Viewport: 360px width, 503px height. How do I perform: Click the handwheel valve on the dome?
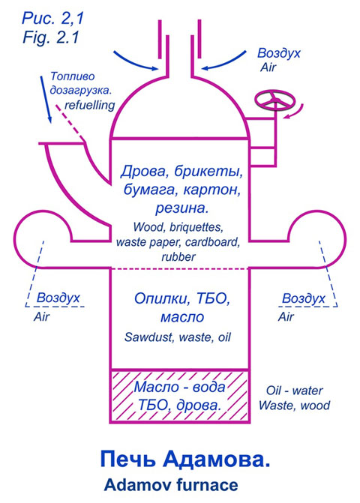(275, 100)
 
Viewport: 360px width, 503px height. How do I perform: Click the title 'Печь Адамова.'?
(185, 460)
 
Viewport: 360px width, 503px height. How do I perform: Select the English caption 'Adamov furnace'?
(171, 485)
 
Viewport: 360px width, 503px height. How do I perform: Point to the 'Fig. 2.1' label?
(51, 37)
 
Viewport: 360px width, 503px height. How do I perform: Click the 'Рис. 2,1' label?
(52, 18)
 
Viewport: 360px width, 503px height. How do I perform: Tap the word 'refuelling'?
(90, 105)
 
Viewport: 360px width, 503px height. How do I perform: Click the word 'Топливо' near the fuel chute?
(73, 76)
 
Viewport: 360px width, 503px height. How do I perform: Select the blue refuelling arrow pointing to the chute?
(46, 100)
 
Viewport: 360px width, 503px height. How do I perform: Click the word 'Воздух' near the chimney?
(279, 53)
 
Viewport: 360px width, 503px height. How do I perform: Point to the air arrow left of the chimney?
(136, 61)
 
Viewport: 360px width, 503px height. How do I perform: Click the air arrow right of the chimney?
(223, 61)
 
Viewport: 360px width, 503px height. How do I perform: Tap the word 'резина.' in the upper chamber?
(182, 208)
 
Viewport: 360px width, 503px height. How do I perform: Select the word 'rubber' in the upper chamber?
(178, 257)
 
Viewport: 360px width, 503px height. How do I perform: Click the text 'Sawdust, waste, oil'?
(178, 337)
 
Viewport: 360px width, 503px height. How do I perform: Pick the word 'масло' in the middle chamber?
(182, 317)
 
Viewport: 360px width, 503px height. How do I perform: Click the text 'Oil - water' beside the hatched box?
(294, 391)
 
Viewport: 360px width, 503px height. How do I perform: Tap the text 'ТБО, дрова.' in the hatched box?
(180, 405)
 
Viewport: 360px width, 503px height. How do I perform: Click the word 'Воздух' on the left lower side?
(58, 298)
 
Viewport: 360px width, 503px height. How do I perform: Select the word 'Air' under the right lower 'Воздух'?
(286, 317)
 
